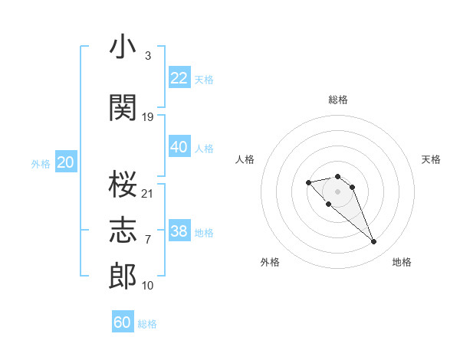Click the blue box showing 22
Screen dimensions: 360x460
179,78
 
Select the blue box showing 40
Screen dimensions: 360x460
179,147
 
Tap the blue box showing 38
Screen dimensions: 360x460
179,231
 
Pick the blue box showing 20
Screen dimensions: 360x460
66,162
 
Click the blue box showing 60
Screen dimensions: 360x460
123,322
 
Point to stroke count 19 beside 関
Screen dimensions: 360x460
148,117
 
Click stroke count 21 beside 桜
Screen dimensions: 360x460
148,193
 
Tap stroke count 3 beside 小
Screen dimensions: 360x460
147,56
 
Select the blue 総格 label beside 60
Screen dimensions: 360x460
147,324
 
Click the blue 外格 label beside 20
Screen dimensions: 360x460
41,163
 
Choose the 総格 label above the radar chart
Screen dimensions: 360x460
337,100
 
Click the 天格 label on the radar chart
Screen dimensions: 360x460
432,159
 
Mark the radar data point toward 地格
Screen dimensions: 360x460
374,242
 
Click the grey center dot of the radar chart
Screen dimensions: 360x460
337,191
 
